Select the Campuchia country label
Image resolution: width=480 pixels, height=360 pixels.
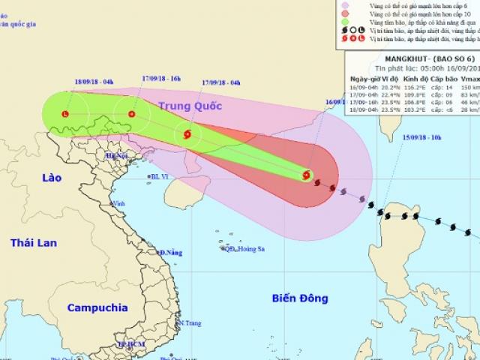[97, 307]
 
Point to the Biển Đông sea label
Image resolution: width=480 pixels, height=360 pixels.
[300, 298]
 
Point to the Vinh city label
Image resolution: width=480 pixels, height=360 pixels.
[118, 202]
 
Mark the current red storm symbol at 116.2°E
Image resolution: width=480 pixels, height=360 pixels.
[306, 175]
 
